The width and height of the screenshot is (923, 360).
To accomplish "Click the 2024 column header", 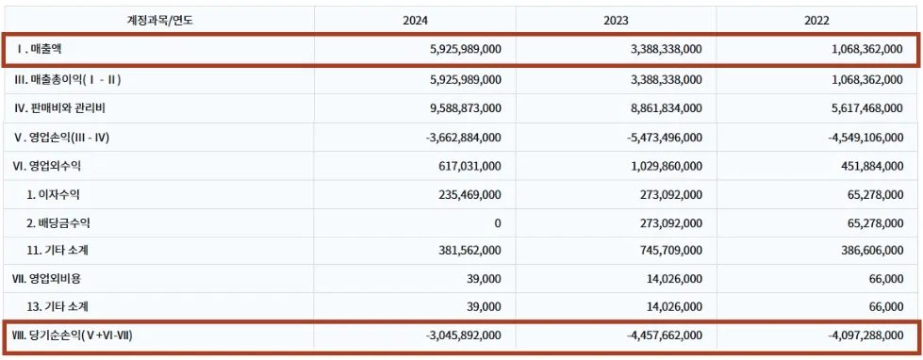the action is coord(415,21).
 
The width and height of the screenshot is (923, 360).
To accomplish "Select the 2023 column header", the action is coord(616,21).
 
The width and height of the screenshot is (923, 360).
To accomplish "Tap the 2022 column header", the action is coord(816,21).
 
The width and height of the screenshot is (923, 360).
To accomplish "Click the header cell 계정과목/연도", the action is coord(160,21).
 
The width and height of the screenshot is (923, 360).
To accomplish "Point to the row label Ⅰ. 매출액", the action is coord(40,49).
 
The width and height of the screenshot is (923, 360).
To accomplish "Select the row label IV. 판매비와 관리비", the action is coord(59,108).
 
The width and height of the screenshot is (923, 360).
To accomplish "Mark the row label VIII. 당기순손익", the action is coord(74,335).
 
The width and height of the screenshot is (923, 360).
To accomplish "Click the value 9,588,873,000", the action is coord(466,108).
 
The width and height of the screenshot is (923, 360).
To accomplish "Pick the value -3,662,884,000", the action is coord(463,138).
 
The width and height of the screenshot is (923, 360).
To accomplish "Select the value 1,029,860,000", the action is coord(666,166).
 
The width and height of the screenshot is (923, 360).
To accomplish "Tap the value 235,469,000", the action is coord(470,194).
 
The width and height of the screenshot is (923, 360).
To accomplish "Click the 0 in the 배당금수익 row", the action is coord(498,223).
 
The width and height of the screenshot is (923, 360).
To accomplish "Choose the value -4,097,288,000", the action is coord(865,335).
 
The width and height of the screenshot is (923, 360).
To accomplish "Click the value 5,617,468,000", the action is coord(867,108).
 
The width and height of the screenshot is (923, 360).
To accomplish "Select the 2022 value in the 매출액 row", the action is coord(867,49).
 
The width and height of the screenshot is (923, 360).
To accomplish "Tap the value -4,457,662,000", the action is coord(664,335).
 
